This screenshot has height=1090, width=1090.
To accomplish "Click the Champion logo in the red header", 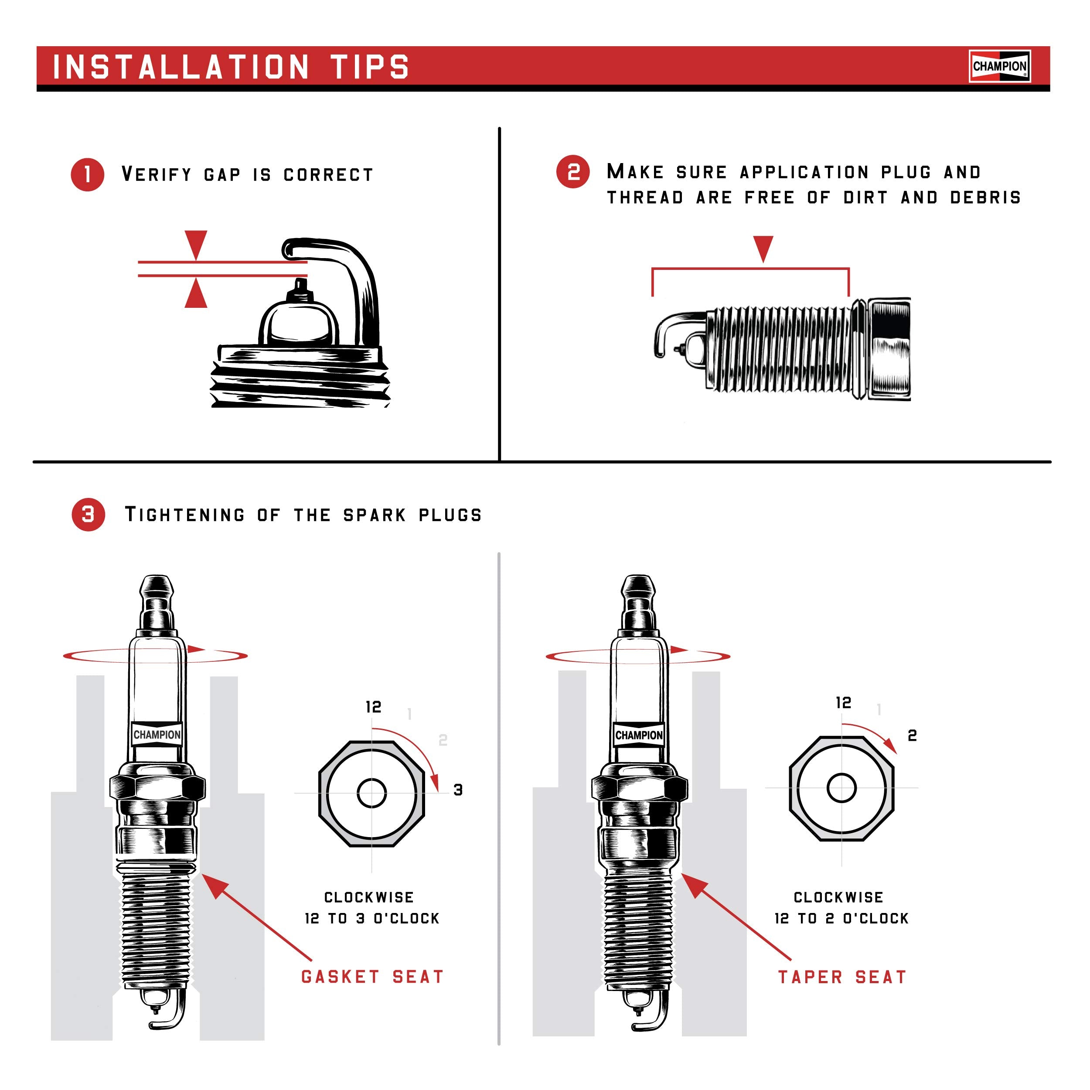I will pyautogui.click(x=999, y=66).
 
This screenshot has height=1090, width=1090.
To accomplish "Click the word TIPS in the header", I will pyautogui.click(x=370, y=67).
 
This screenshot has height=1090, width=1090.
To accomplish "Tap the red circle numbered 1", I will pyautogui.click(x=88, y=174).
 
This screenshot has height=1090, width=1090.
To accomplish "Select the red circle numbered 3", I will pyautogui.click(x=88, y=514).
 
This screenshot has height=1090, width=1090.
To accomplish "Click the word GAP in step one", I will pyautogui.click(x=222, y=175).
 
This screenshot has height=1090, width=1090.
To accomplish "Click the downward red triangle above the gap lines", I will pyautogui.click(x=196, y=243).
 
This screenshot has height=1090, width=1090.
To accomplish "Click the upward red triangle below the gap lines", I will pyautogui.click(x=196, y=293).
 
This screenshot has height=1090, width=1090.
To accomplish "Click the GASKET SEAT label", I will pyautogui.click(x=372, y=977).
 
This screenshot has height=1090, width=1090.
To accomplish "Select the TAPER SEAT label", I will pyautogui.click(x=842, y=977).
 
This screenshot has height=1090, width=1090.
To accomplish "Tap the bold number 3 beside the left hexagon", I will pyautogui.click(x=458, y=790).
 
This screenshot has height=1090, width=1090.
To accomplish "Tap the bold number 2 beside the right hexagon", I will pyautogui.click(x=912, y=735).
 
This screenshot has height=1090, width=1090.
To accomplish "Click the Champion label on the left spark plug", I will pyautogui.click(x=157, y=735).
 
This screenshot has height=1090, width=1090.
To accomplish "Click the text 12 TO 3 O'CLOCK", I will pyautogui.click(x=372, y=919).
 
